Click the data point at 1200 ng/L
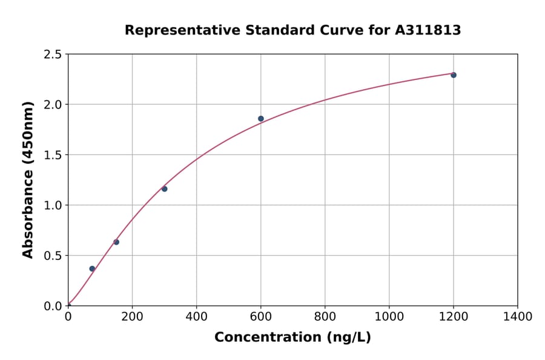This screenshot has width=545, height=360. [454, 75]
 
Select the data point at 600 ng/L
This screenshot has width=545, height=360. [261, 119]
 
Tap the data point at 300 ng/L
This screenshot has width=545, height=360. [164, 189]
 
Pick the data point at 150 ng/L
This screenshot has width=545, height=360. [116, 242]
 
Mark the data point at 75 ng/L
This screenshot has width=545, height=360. [92, 268]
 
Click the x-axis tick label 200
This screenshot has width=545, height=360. [132, 317]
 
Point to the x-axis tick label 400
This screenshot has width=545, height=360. [196, 317]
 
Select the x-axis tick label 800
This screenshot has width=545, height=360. [325, 317]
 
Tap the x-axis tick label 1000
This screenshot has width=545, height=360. [389, 317]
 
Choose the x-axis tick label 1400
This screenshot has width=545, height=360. [517, 317]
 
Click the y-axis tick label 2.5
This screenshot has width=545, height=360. [53, 55]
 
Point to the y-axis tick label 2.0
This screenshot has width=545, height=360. [53, 105]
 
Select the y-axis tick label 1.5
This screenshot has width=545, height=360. [53, 155]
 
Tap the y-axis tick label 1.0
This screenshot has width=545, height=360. [53, 205]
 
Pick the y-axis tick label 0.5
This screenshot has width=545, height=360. [53, 256]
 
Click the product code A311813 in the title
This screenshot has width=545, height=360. [428, 30]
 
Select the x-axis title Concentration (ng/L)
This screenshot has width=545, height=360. [292, 338]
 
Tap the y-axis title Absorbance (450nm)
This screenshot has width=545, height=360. [28, 180]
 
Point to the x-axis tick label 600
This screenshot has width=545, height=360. [260, 317]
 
